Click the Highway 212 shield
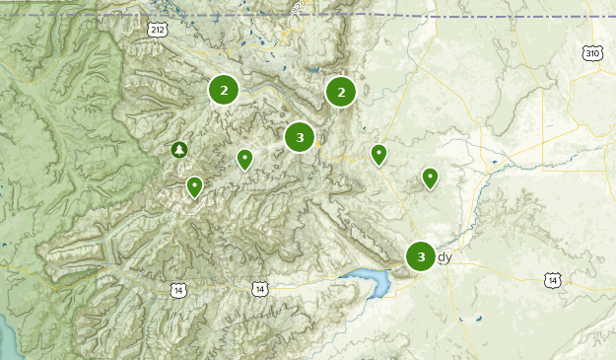click(158, 31)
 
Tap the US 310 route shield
click(590, 52)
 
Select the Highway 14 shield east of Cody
click(553, 281)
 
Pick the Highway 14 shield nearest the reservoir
click(258, 289)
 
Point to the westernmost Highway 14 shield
click(177, 290)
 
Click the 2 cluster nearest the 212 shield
click(224, 91)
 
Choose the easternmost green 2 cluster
click(341, 92)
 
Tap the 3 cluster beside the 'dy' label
click(421, 256)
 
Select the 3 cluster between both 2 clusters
click(300, 137)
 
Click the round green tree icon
click(178, 150)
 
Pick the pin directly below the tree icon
click(195, 185)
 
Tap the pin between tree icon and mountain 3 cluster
click(244, 158)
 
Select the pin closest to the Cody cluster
click(430, 177)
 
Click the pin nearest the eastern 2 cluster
click(378, 154)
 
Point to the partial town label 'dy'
click(445, 257)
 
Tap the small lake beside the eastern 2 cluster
click(313, 71)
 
